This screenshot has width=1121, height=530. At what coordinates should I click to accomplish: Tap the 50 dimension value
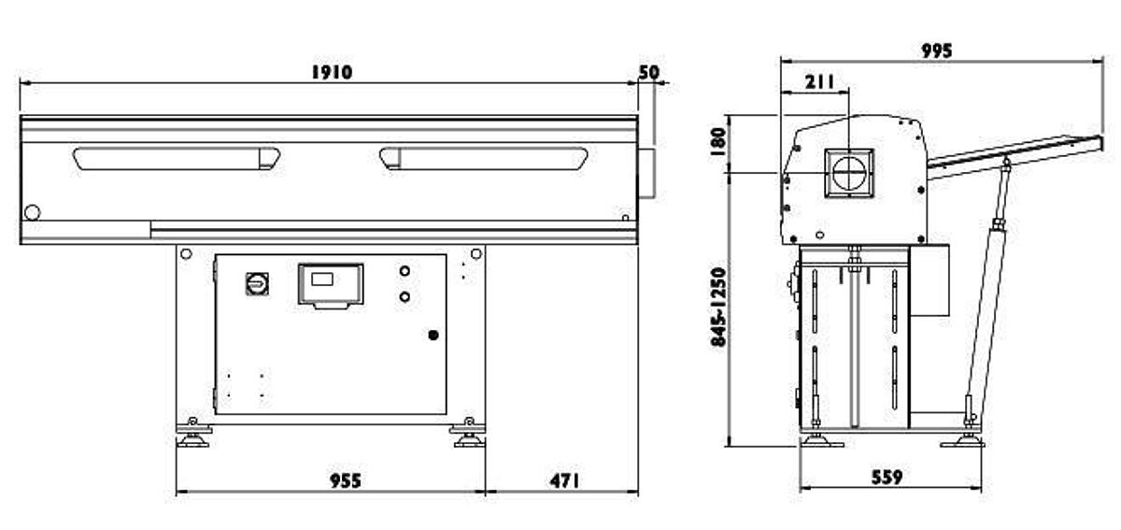pos(649,72)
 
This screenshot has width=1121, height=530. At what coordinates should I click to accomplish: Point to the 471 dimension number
pos(564,480)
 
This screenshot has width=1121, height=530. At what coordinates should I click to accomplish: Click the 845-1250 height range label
pos(718,308)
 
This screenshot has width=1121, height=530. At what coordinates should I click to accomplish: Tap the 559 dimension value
pos(887,477)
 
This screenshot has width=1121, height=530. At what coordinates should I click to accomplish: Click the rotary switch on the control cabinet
pos(257,283)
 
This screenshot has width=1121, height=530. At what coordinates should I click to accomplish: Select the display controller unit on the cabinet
pos(330,284)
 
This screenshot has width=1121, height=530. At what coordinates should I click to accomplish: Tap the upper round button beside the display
pos(404,272)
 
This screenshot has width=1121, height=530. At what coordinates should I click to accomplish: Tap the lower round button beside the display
pos(404,297)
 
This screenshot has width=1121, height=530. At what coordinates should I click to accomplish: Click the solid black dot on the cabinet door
pos(433,335)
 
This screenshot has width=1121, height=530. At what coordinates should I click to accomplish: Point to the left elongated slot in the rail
pos(177,159)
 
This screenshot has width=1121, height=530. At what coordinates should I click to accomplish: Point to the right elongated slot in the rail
pos(483,159)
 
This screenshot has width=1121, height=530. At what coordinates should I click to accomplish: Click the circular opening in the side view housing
pos(849,173)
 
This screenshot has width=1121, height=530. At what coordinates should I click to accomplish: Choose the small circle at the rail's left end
pos(33,213)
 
